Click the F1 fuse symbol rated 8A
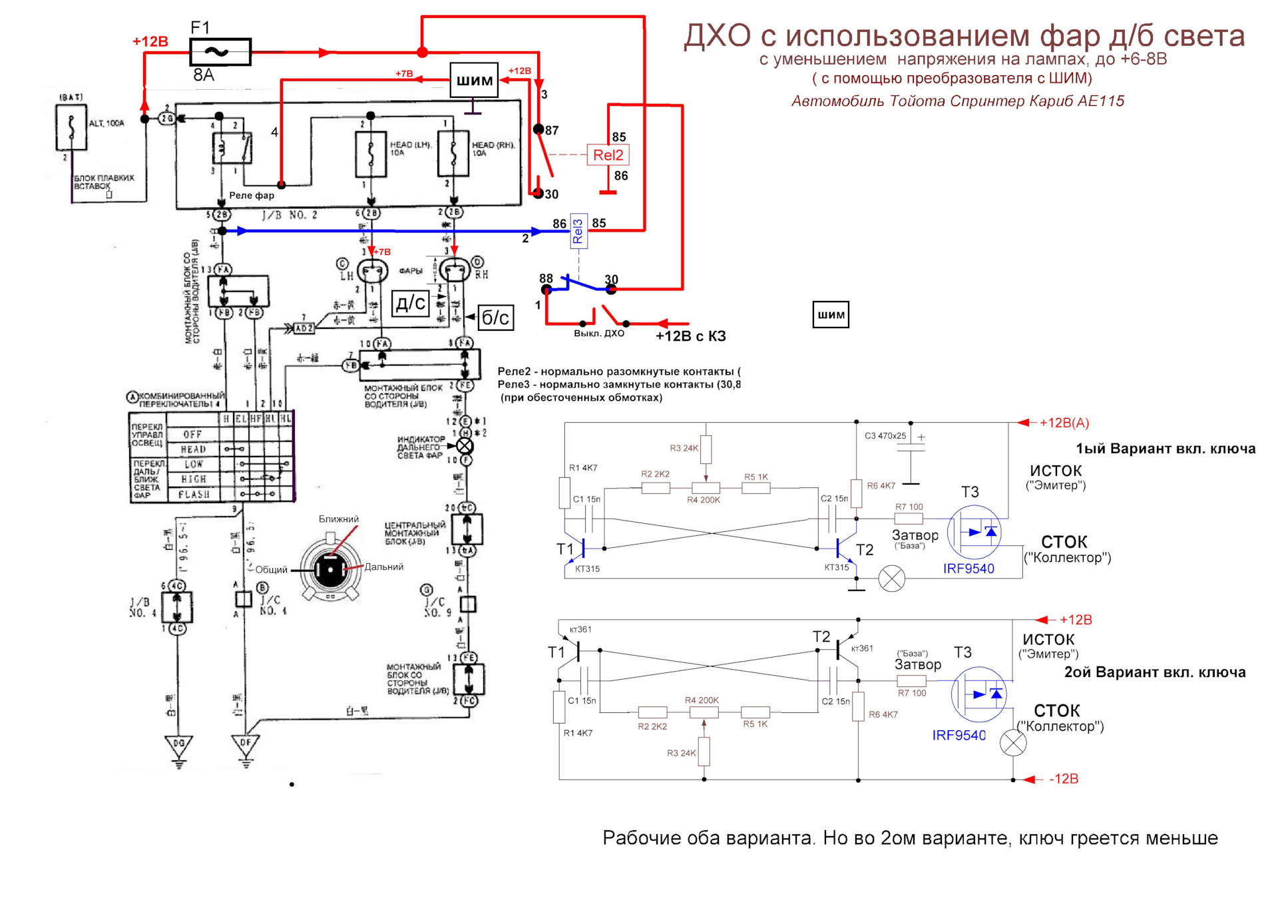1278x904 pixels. (x=220, y=52)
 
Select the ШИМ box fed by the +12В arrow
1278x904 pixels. (x=474, y=81)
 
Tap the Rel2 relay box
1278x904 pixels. (x=608, y=155)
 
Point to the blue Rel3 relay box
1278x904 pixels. (x=578, y=232)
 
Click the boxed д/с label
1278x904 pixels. (x=410, y=304)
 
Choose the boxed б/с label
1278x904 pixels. (x=495, y=318)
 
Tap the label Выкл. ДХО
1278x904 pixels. (x=598, y=334)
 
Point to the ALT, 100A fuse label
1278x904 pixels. (x=106, y=123)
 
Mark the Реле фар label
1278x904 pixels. (x=251, y=196)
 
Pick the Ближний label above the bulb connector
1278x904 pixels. (x=338, y=519)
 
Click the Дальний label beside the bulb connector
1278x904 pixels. (x=384, y=567)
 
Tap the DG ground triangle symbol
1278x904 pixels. (x=178, y=745)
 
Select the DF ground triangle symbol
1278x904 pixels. (x=246, y=745)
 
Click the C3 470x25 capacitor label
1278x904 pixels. (x=885, y=436)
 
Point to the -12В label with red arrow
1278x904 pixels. (x=1063, y=779)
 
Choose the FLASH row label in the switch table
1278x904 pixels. (x=194, y=495)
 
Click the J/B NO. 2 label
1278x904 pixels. (x=289, y=215)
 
